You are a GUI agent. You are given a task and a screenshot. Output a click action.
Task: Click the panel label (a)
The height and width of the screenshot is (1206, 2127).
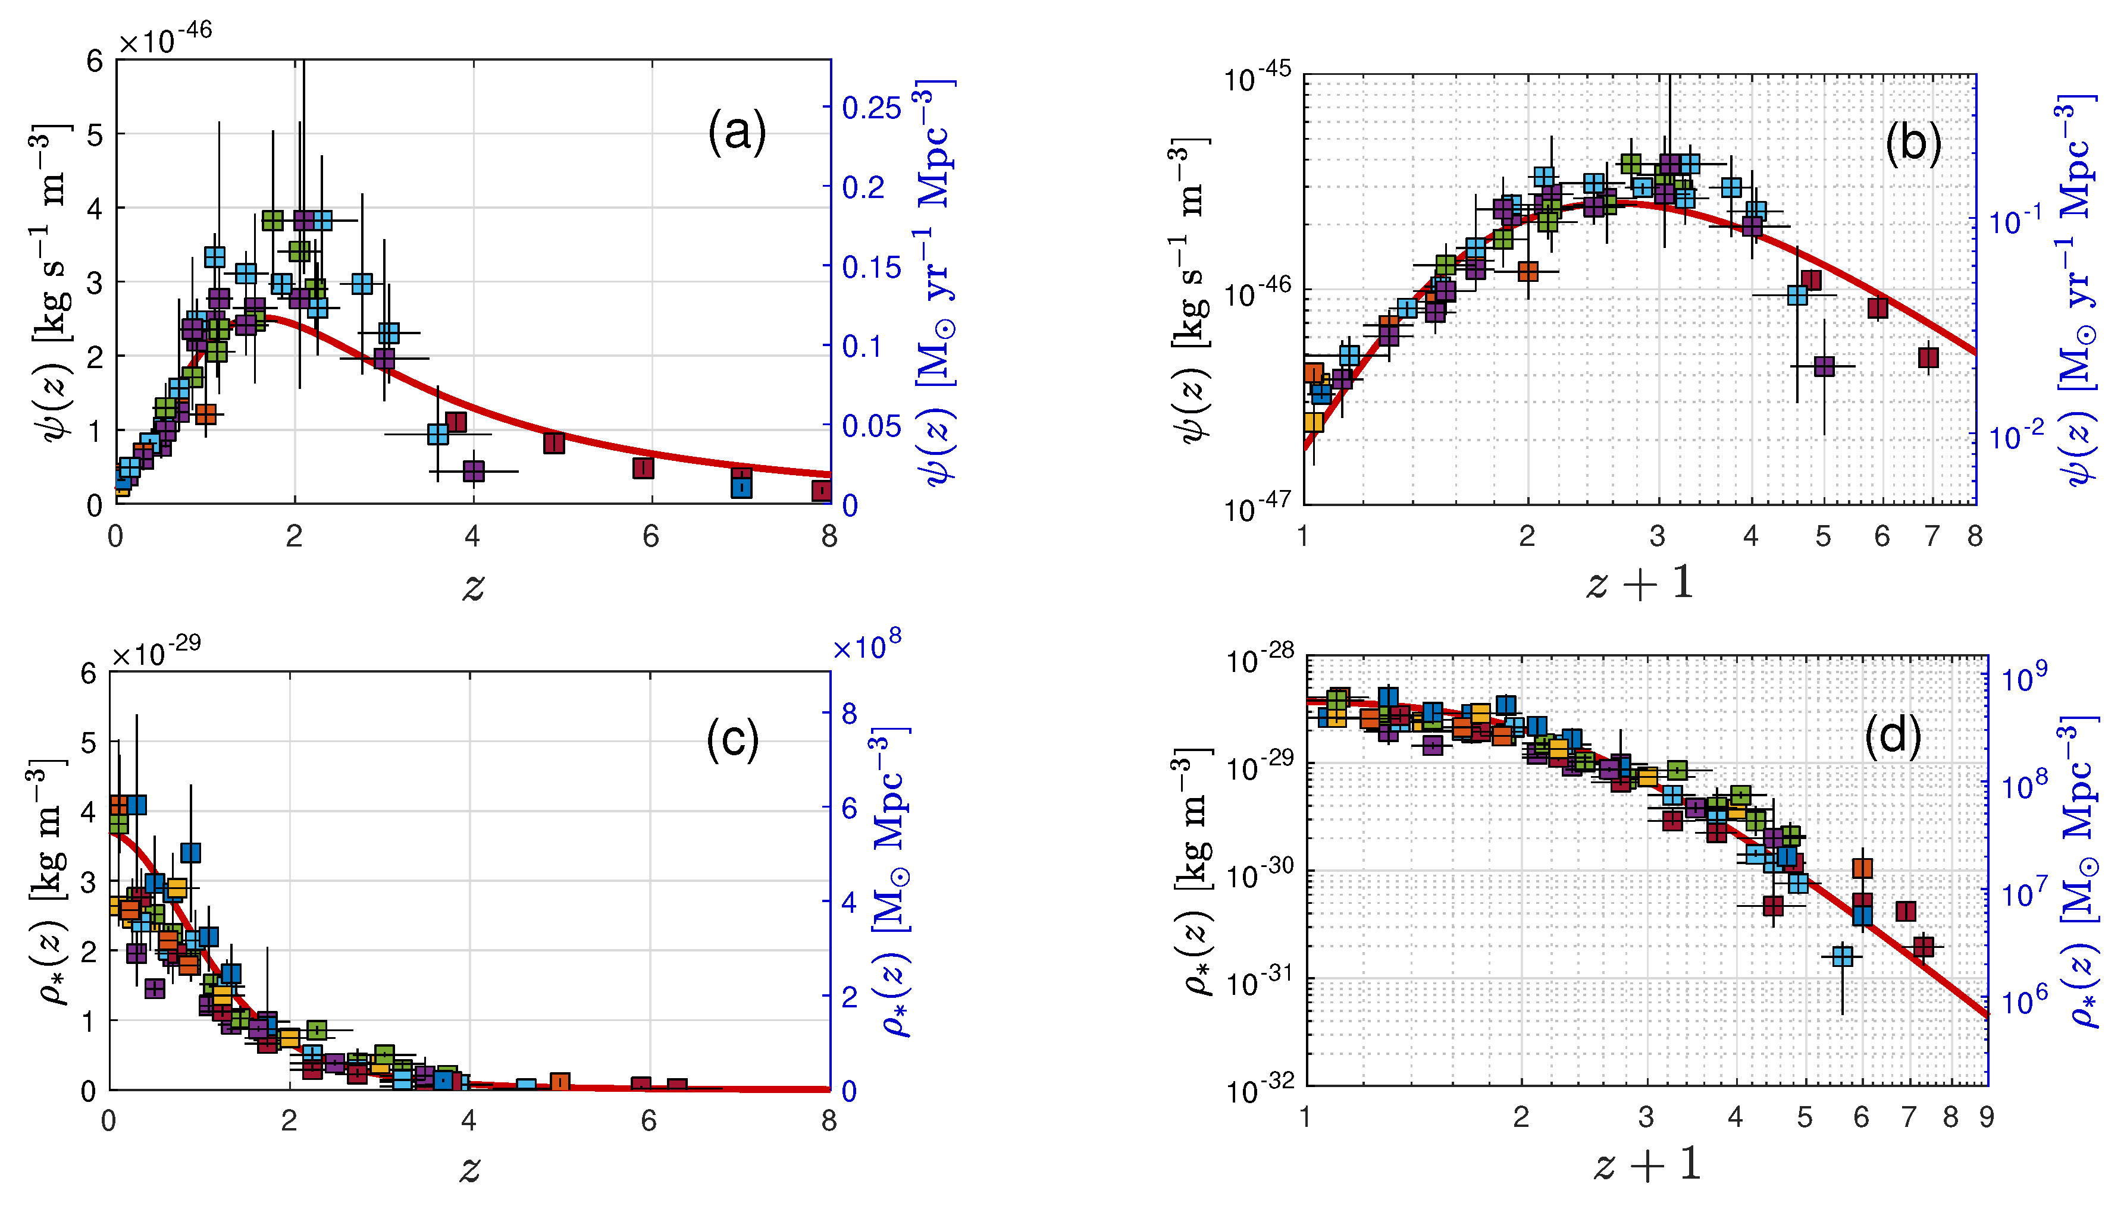point(736,133)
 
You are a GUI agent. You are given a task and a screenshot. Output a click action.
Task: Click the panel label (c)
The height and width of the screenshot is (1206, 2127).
point(732,737)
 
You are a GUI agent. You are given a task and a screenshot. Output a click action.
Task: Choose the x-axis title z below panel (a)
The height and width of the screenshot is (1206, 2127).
point(472,586)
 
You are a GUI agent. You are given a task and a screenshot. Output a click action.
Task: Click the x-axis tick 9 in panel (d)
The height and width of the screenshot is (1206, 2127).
point(1986,1117)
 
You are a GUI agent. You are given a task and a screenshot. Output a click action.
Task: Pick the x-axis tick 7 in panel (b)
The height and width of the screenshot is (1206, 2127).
point(1931,537)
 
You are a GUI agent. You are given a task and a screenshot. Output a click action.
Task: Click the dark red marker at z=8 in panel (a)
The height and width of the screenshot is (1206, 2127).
point(820,491)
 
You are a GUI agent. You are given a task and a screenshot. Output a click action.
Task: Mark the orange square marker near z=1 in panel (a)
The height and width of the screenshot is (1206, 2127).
point(205,413)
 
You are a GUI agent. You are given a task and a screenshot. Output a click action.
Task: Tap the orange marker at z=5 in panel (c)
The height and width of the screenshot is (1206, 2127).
point(560,1082)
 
